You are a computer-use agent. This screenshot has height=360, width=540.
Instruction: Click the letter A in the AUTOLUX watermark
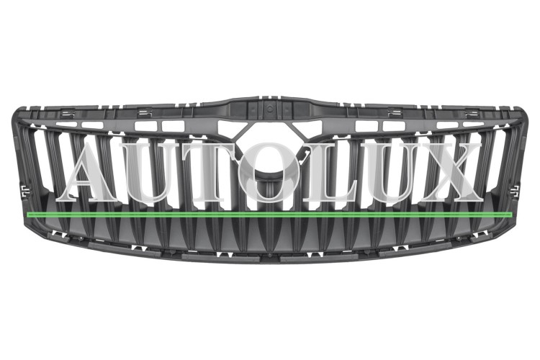click(90, 172)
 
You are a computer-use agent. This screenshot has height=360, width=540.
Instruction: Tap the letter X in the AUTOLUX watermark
click(449, 172)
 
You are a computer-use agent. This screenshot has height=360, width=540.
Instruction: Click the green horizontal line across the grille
click(269, 215)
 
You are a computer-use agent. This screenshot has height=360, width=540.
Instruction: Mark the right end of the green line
click(512, 215)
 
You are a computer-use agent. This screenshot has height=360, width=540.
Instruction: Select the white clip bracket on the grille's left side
click(24, 191)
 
